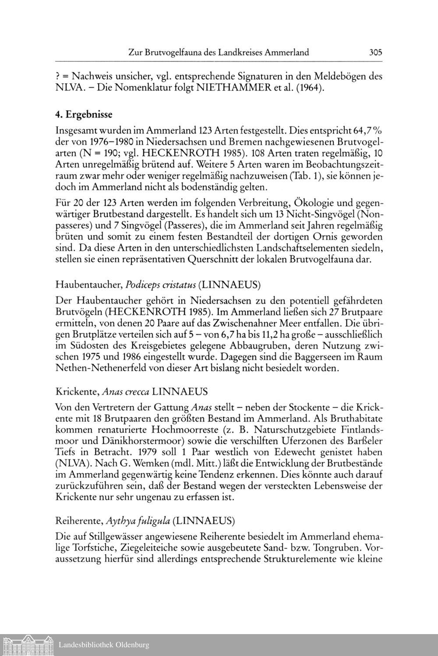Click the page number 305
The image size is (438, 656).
[375, 53]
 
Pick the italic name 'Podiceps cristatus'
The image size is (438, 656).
[160, 285]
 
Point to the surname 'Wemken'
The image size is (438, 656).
[127, 463]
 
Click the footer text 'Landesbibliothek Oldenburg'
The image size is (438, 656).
[104, 645]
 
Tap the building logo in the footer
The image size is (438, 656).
[28, 645]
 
